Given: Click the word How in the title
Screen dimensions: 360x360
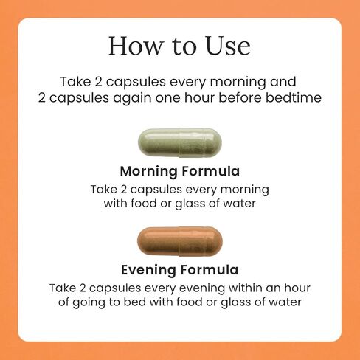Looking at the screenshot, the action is tap(136, 46).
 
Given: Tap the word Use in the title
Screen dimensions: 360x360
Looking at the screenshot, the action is tap(228, 46).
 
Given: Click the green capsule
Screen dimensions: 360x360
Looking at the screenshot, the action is tap(180, 142).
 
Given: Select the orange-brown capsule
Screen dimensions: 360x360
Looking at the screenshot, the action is tap(180, 241).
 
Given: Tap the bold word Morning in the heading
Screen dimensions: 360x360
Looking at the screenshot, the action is tap(148, 172).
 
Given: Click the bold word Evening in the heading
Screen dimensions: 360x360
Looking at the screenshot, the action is tap(148, 270).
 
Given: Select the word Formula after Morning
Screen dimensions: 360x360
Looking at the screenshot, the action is tap(210, 171).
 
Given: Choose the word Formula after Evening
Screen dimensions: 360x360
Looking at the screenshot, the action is tap(210, 270).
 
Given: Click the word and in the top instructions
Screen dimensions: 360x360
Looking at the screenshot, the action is tap(283, 82).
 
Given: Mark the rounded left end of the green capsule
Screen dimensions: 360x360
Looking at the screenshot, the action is tap(139, 142).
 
